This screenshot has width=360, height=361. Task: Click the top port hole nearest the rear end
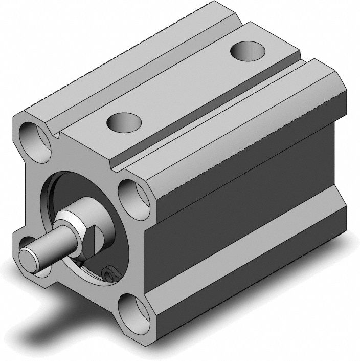pos(247,51)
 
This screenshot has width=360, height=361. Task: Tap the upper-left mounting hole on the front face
pos(34,138)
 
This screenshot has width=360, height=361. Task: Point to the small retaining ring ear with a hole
pos(109,275)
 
